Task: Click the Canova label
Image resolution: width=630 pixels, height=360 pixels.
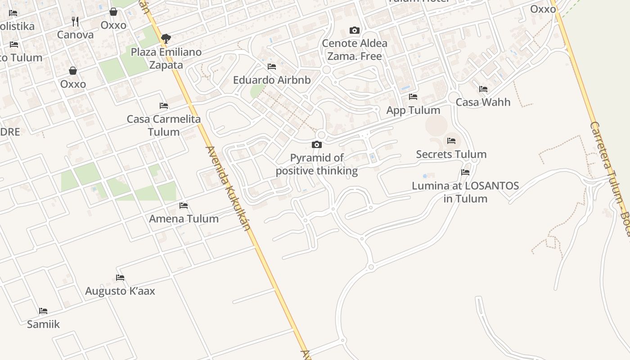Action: (75, 35)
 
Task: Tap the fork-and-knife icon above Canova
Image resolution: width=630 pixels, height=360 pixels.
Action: (75, 21)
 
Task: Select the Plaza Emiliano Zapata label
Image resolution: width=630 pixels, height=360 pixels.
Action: (166, 58)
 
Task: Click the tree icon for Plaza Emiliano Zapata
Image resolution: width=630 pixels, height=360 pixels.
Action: (166, 39)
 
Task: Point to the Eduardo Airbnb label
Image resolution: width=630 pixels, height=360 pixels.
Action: (272, 80)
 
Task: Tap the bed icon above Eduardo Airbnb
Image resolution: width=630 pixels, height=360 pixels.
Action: (272, 67)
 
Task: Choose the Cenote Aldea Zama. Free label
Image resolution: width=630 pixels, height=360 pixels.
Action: (355, 50)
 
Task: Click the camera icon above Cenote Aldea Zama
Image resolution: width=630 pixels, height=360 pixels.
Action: (355, 31)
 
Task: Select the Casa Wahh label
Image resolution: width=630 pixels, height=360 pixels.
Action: (483, 102)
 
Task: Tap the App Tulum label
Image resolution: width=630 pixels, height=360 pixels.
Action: (413, 110)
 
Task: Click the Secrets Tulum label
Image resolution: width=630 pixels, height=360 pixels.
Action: (451, 154)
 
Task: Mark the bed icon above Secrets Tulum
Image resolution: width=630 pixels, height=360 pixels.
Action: (451, 141)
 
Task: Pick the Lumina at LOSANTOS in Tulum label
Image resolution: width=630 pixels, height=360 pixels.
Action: (465, 192)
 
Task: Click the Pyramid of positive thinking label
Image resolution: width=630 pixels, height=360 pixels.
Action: (317, 164)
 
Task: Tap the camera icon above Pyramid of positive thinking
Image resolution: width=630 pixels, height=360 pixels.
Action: (317, 144)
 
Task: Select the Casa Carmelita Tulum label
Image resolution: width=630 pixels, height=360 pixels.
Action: (164, 126)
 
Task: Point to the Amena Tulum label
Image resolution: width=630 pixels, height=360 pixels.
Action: (184, 219)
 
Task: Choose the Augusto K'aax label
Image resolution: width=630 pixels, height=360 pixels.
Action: (120, 291)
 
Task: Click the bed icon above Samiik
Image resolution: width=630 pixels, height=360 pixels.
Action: (43, 310)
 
